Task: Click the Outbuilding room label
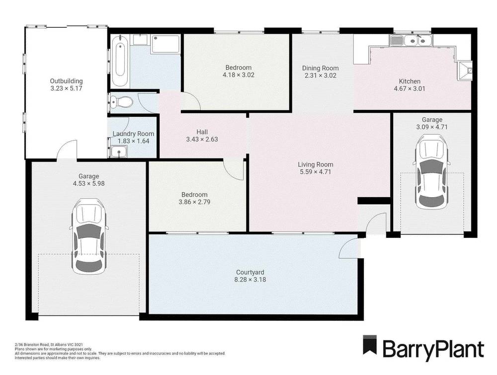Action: click(x=66, y=81)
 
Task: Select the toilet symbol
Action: click(x=122, y=102)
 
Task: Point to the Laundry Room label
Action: click(x=133, y=134)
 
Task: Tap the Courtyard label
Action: click(x=250, y=272)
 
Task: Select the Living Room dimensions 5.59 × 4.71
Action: click(x=315, y=172)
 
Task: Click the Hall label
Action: click(x=202, y=132)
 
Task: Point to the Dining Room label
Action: click(x=321, y=68)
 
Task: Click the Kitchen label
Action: click(x=410, y=81)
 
